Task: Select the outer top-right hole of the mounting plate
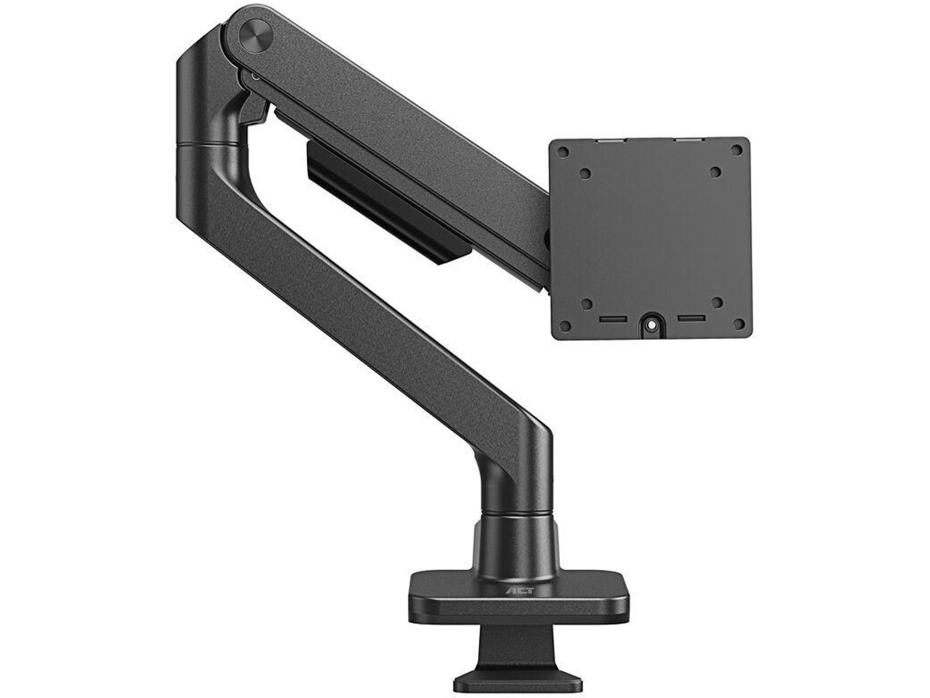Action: coord(737,150)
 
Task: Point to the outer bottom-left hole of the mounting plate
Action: coord(565,326)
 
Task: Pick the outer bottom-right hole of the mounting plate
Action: coord(738,324)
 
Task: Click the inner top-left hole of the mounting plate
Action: coord(585,174)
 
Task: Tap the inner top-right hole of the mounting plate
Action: coord(715,172)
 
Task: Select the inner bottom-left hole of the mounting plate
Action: coord(587,304)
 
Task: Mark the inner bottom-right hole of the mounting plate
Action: coord(717,303)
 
